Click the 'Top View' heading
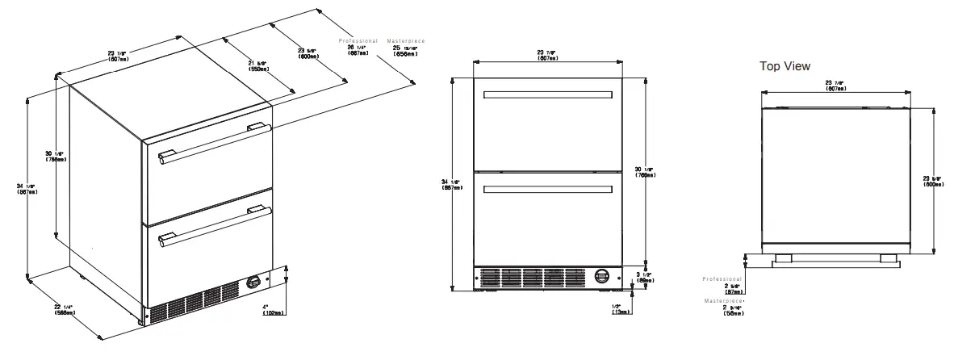(785, 66)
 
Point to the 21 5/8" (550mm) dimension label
(259, 66)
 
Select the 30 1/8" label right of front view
(646, 170)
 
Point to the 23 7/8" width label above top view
(835, 85)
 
